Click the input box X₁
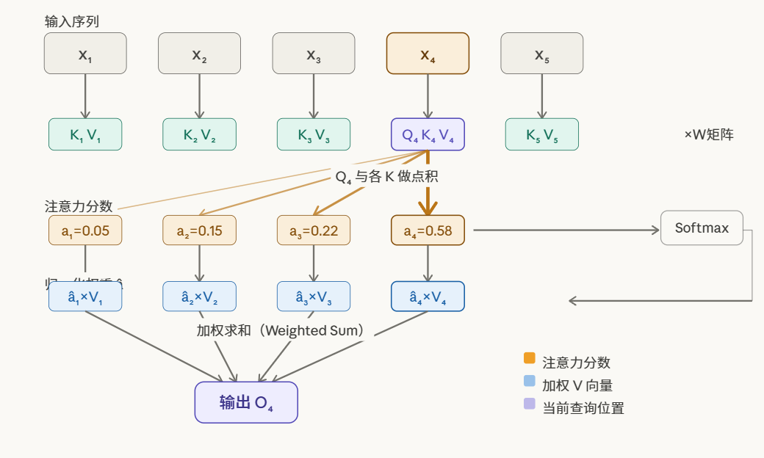[x=85, y=54]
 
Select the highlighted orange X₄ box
[x=428, y=54]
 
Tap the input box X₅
[x=541, y=54]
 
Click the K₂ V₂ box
[x=199, y=134]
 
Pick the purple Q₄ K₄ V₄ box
[x=428, y=134]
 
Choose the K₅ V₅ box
[x=541, y=134]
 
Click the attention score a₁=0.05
[x=85, y=230]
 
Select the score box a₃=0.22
[x=314, y=230]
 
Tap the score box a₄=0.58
[x=428, y=230]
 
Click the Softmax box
[x=702, y=228]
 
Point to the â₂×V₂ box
[x=199, y=297]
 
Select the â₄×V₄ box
[x=428, y=297]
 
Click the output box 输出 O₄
[x=246, y=402]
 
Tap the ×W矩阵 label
[x=708, y=134]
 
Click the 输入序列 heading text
[x=72, y=21]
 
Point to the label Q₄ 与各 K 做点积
[x=387, y=177]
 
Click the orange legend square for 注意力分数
[x=530, y=358]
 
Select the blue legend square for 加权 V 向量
[x=530, y=381]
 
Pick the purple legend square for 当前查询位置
[x=530, y=404]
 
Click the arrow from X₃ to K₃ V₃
[x=314, y=95]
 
